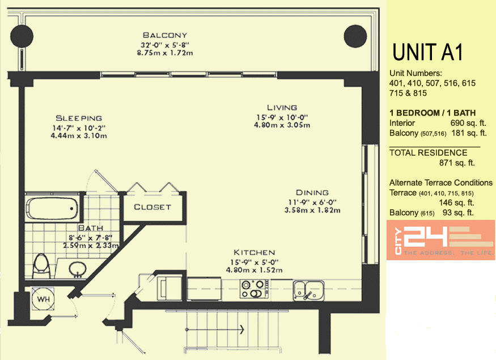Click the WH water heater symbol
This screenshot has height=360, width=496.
click(x=43, y=299)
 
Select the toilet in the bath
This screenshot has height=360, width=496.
click(x=41, y=267)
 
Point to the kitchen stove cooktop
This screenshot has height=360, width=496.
click(x=255, y=289)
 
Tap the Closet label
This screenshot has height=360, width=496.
click(x=152, y=207)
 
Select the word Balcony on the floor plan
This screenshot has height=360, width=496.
click(x=165, y=35)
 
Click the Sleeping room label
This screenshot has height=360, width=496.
click(x=79, y=118)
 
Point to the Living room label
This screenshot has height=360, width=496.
click(x=282, y=108)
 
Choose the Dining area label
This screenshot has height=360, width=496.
click(x=312, y=193)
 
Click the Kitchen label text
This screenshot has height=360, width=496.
click(x=255, y=252)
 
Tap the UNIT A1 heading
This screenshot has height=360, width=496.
click(x=427, y=52)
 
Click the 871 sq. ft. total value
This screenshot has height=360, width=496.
click(x=457, y=163)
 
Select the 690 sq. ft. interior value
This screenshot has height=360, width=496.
click(x=468, y=123)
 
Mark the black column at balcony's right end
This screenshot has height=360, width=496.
click(x=355, y=36)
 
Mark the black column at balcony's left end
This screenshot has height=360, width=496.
click(x=22, y=36)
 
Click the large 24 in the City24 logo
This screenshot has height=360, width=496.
click(x=426, y=236)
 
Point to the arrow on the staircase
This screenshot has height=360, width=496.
click(x=215, y=329)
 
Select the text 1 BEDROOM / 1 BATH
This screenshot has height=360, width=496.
click(x=433, y=113)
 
